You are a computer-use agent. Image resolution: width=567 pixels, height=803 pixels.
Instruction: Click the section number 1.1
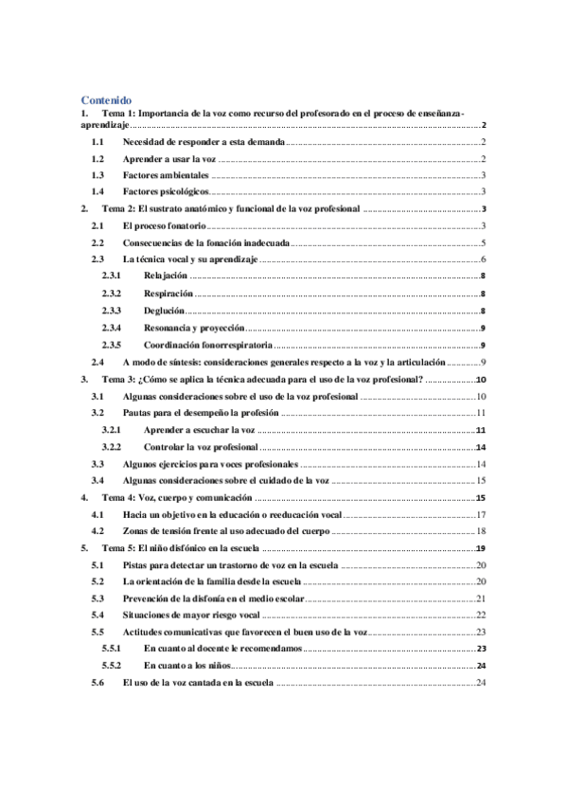click(x=96, y=141)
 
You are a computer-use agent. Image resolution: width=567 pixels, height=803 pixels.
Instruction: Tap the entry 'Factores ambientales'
click(x=165, y=175)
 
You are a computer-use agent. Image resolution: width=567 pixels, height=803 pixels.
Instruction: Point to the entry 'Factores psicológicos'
click(x=166, y=192)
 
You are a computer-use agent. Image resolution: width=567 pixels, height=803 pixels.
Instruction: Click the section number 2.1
click(x=96, y=225)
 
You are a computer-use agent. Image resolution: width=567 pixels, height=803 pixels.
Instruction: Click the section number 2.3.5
click(x=112, y=345)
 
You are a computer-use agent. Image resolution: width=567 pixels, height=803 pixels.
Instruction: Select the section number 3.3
click(x=96, y=464)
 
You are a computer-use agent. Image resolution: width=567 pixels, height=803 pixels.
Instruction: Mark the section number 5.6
click(x=96, y=684)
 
